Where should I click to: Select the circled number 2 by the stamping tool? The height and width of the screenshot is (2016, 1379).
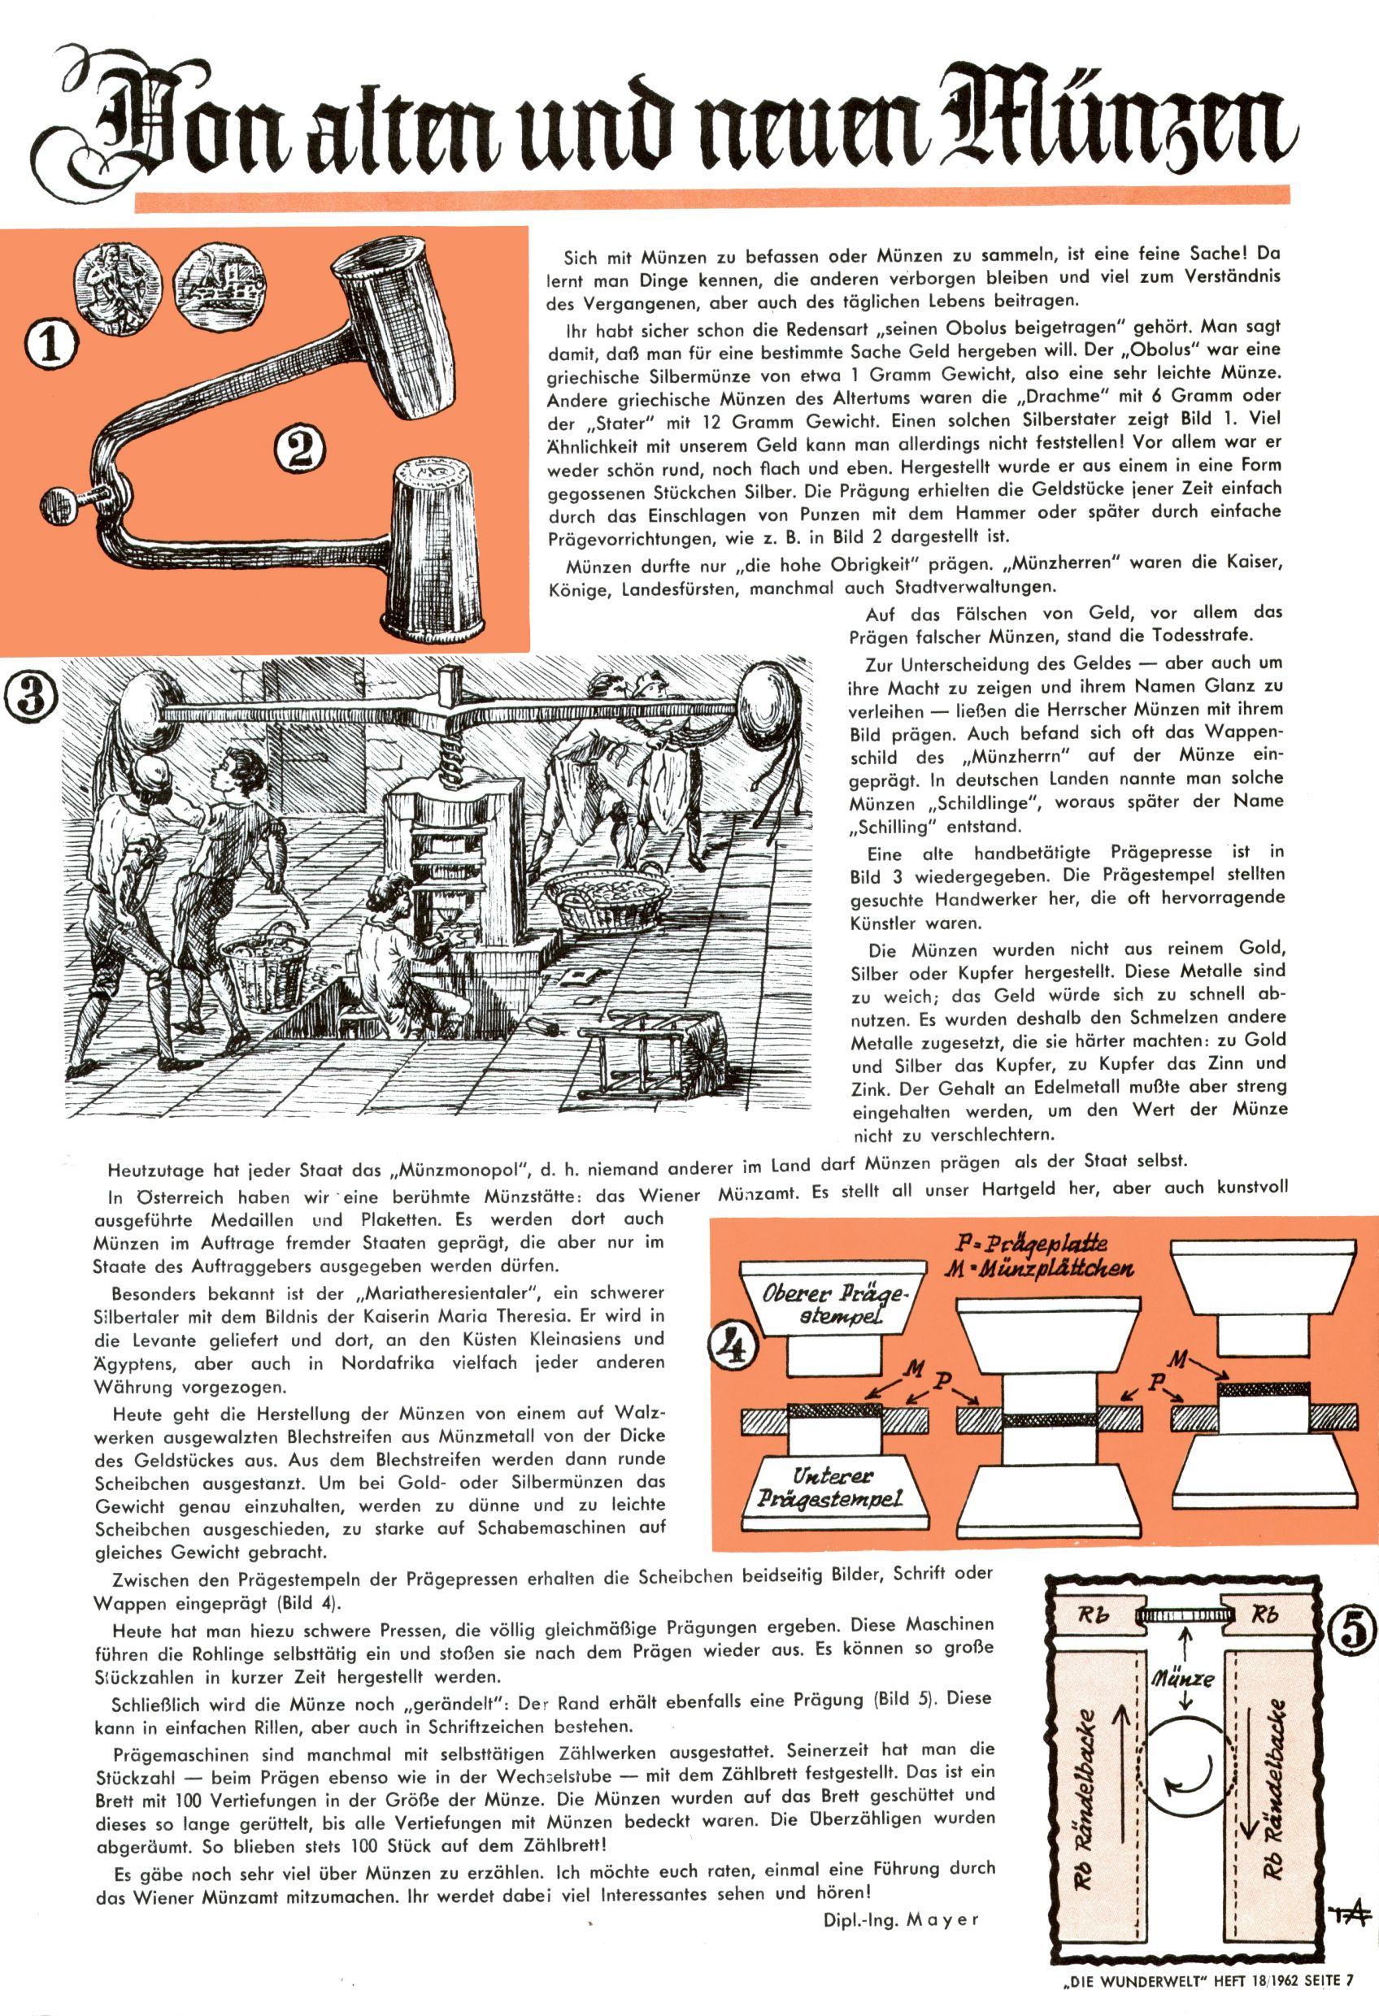click(x=300, y=449)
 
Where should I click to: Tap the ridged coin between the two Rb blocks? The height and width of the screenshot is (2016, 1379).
click(x=1185, y=1614)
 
